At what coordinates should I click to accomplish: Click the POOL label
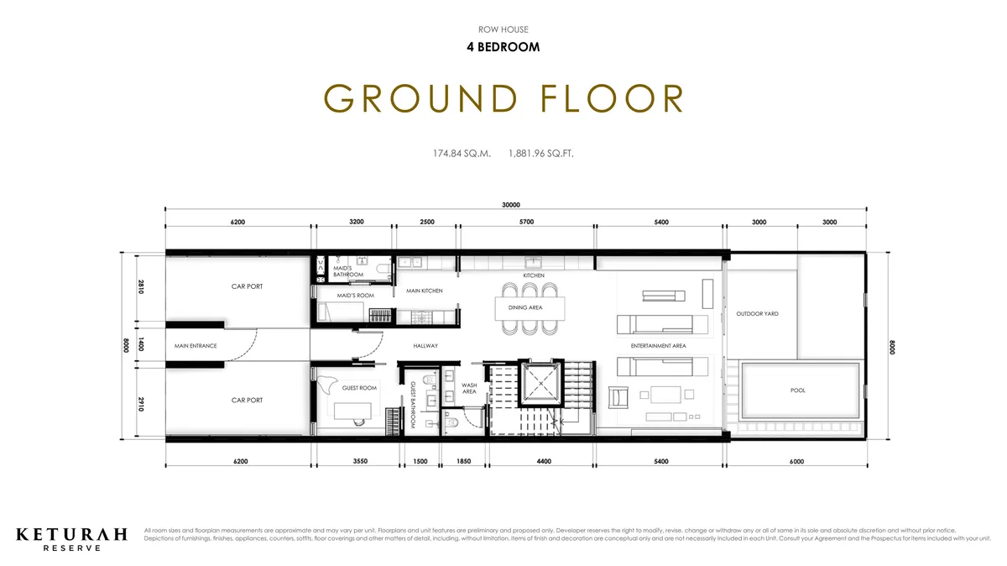[x=797, y=390]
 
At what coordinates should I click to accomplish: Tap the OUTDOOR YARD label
[x=757, y=314]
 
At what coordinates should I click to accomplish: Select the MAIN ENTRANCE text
[x=196, y=346]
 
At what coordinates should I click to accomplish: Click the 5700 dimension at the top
[x=526, y=223]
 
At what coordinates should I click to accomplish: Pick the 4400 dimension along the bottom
[x=543, y=461]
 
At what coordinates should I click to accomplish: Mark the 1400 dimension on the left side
[x=142, y=345]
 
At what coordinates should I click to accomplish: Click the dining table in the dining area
[x=530, y=307]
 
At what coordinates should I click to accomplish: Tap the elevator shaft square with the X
[x=542, y=383]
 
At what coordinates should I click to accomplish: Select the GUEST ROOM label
[x=359, y=388]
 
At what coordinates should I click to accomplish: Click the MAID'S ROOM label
[x=355, y=296]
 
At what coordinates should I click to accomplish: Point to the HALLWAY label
[x=425, y=346]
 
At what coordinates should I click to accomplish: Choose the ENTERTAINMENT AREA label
[x=658, y=346]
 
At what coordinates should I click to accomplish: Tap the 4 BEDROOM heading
[x=503, y=47]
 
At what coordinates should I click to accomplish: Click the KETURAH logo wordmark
[x=71, y=533]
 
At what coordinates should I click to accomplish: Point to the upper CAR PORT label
[x=247, y=286]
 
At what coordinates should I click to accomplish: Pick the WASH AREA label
[x=469, y=389]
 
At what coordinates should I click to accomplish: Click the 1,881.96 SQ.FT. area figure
[x=540, y=154]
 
